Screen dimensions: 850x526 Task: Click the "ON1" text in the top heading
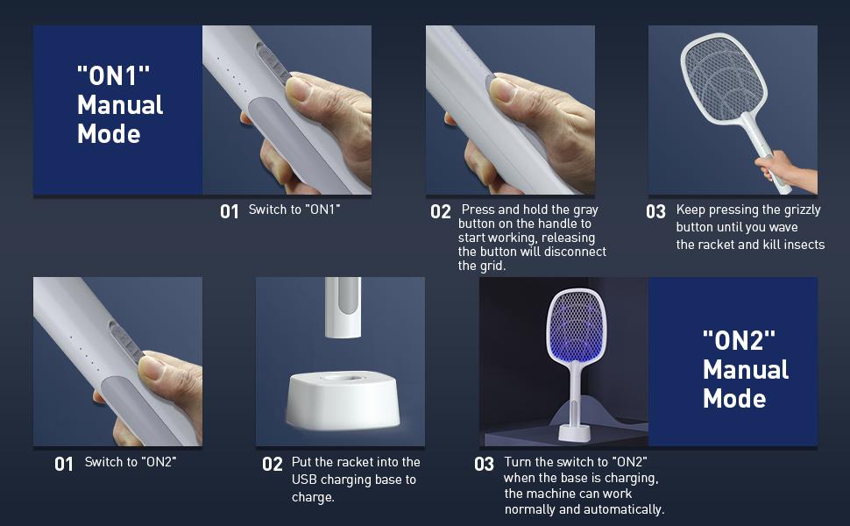(x=113, y=75)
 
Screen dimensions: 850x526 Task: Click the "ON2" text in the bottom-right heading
(x=739, y=340)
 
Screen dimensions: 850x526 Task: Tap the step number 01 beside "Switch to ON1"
(x=230, y=211)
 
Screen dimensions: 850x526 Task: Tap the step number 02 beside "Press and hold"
(x=441, y=211)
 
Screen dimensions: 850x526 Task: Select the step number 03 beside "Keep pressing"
(x=656, y=211)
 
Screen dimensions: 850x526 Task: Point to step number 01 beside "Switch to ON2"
(x=63, y=464)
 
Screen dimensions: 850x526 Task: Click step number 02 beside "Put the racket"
(x=273, y=464)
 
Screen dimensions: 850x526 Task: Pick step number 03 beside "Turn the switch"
(x=484, y=464)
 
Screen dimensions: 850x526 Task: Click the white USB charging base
(x=343, y=400)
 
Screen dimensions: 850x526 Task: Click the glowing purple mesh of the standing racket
(x=576, y=325)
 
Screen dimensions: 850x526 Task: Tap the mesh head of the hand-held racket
(x=724, y=76)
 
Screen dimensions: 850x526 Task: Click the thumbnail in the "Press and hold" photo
(x=503, y=90)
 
